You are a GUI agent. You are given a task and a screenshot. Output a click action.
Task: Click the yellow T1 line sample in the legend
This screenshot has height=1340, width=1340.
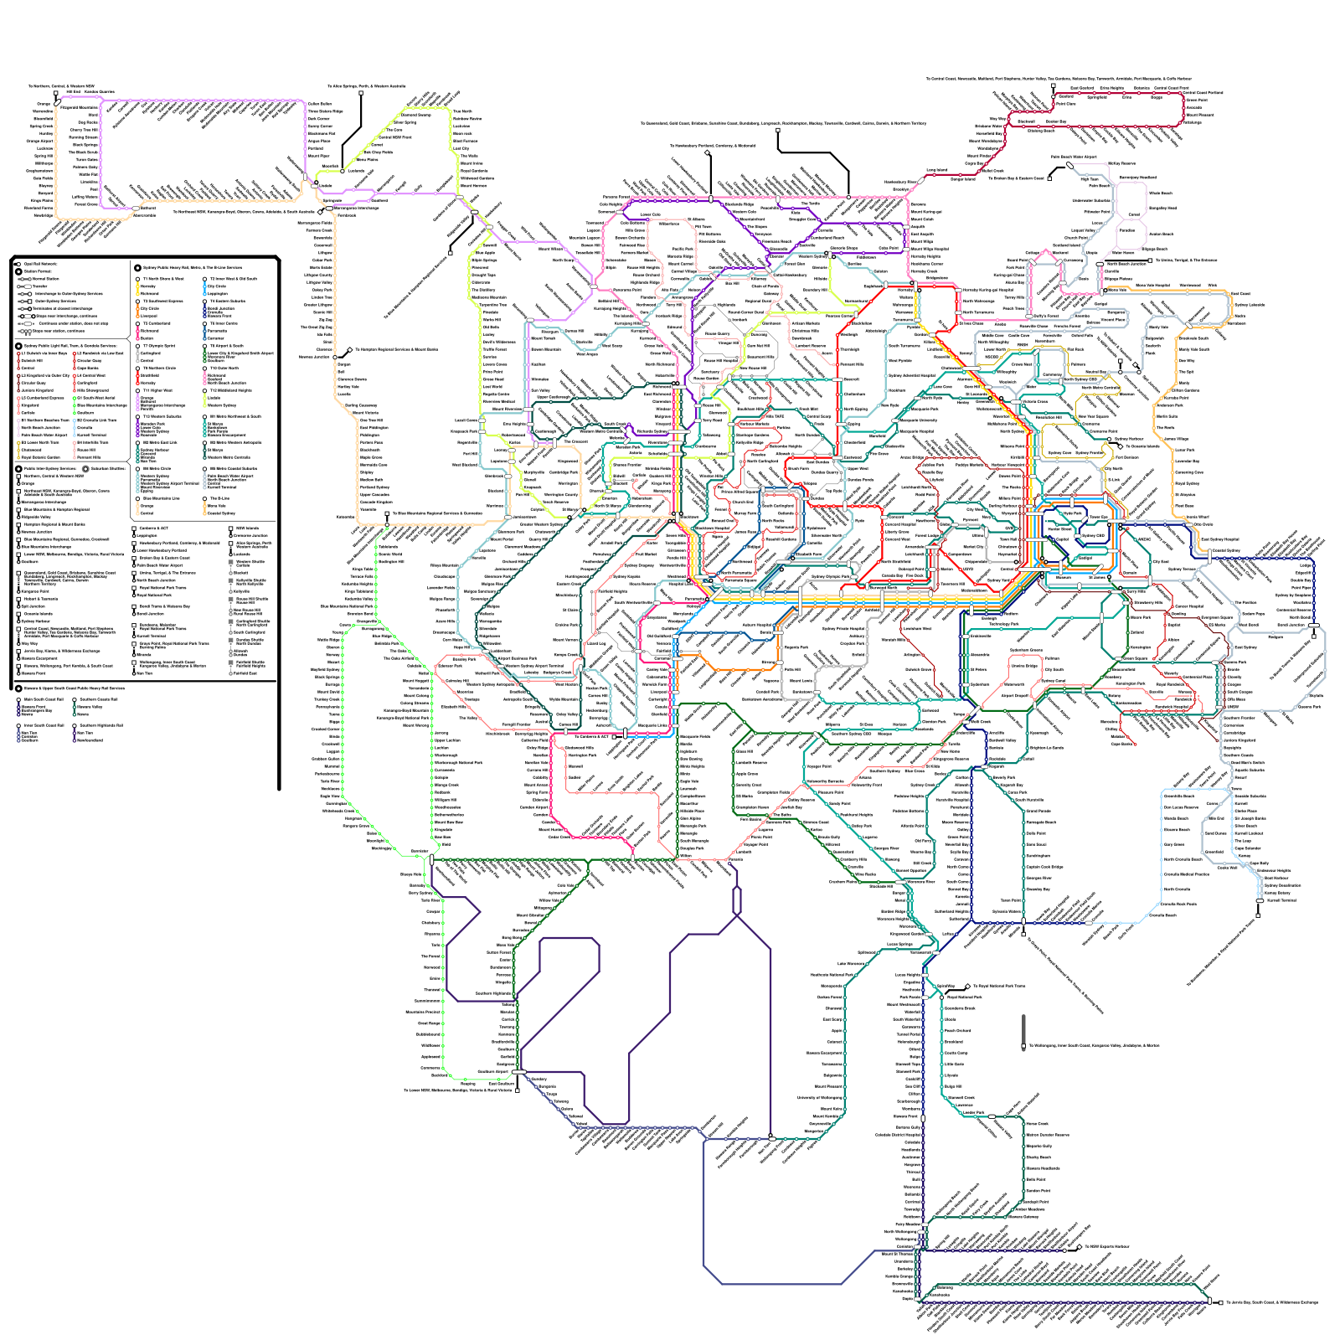pos(137,290)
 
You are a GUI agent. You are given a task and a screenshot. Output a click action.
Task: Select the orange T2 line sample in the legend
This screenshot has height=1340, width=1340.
pos(137,312)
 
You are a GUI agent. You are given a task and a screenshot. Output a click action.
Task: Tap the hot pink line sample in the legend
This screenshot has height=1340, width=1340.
pos(137,334)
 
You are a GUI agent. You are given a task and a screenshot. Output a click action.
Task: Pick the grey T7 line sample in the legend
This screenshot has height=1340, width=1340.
pos(137,356)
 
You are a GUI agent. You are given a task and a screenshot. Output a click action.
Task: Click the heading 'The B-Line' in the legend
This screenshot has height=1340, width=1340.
pos(219,498)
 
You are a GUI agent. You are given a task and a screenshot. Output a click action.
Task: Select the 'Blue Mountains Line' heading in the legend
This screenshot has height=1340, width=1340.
pos(161,498)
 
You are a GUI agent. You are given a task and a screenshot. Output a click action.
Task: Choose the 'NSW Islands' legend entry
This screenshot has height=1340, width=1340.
pos(247,528)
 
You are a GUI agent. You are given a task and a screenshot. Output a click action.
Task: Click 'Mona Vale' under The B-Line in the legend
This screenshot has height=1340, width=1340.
pos(217,506)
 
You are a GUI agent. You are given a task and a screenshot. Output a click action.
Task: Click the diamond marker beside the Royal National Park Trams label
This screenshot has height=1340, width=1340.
pos(968,986)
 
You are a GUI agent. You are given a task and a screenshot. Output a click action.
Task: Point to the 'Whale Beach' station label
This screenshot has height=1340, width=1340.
pos(1161,193)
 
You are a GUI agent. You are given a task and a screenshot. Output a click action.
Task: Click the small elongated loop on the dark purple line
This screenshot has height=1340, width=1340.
pos(737,900)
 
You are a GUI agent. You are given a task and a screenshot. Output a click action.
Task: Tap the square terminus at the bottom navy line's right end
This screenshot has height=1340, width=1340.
pos(1221,1302)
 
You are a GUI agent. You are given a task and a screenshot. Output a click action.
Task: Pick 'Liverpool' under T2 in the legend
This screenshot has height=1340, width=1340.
pos(149,316)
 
